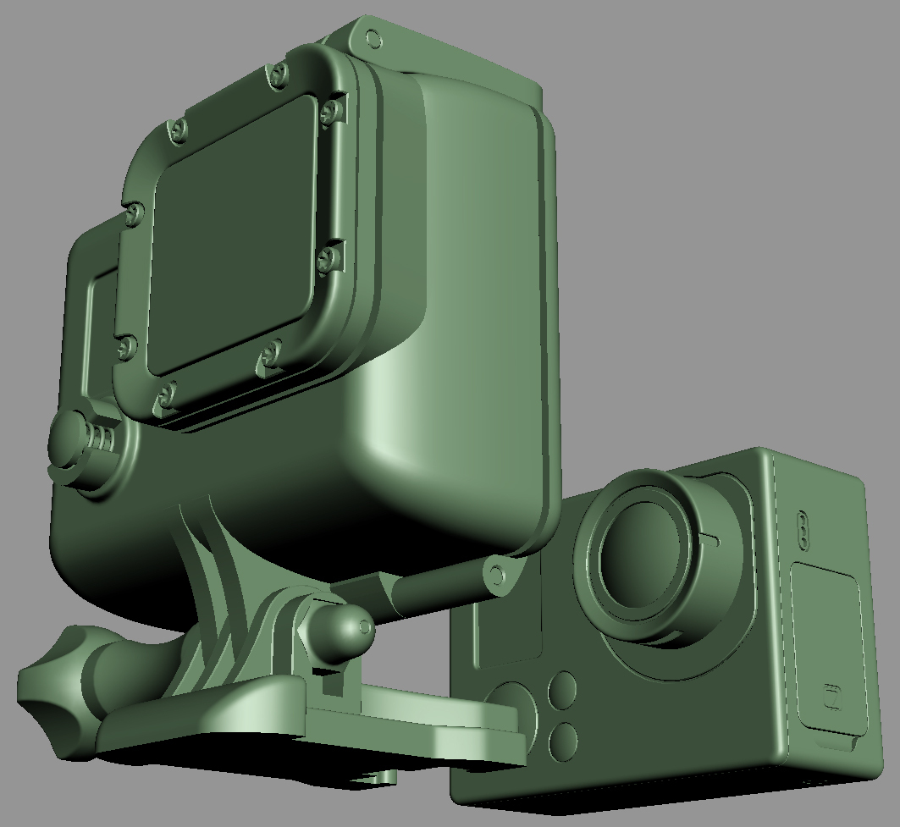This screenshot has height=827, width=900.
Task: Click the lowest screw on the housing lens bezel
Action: point(166,394)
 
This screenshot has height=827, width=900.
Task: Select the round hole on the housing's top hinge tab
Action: point(373,39)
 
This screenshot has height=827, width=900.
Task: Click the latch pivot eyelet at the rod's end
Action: point(497,576)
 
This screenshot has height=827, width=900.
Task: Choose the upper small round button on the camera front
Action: point(563,689)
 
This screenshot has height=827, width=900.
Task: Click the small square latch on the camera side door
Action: point(831,696)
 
